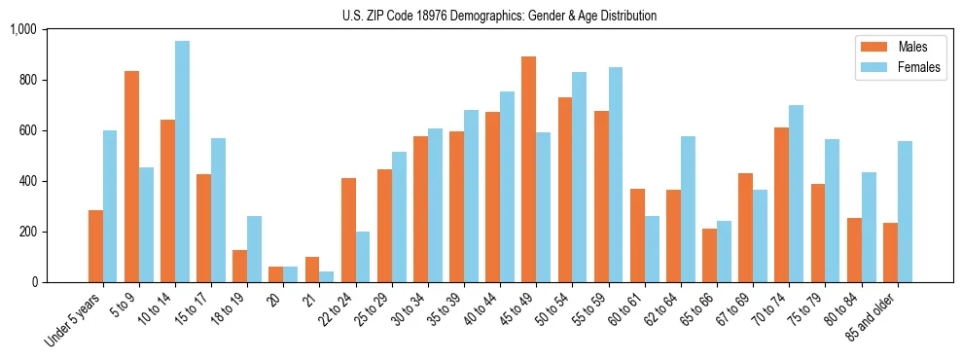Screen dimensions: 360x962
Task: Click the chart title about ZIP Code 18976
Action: (499, 16)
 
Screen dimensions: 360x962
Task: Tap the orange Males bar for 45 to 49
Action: (528, 169)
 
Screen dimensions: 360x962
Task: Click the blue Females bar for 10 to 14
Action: (182, 162)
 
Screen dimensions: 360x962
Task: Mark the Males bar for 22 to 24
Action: (348, 230)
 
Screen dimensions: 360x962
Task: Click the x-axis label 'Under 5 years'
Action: (74, 320)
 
